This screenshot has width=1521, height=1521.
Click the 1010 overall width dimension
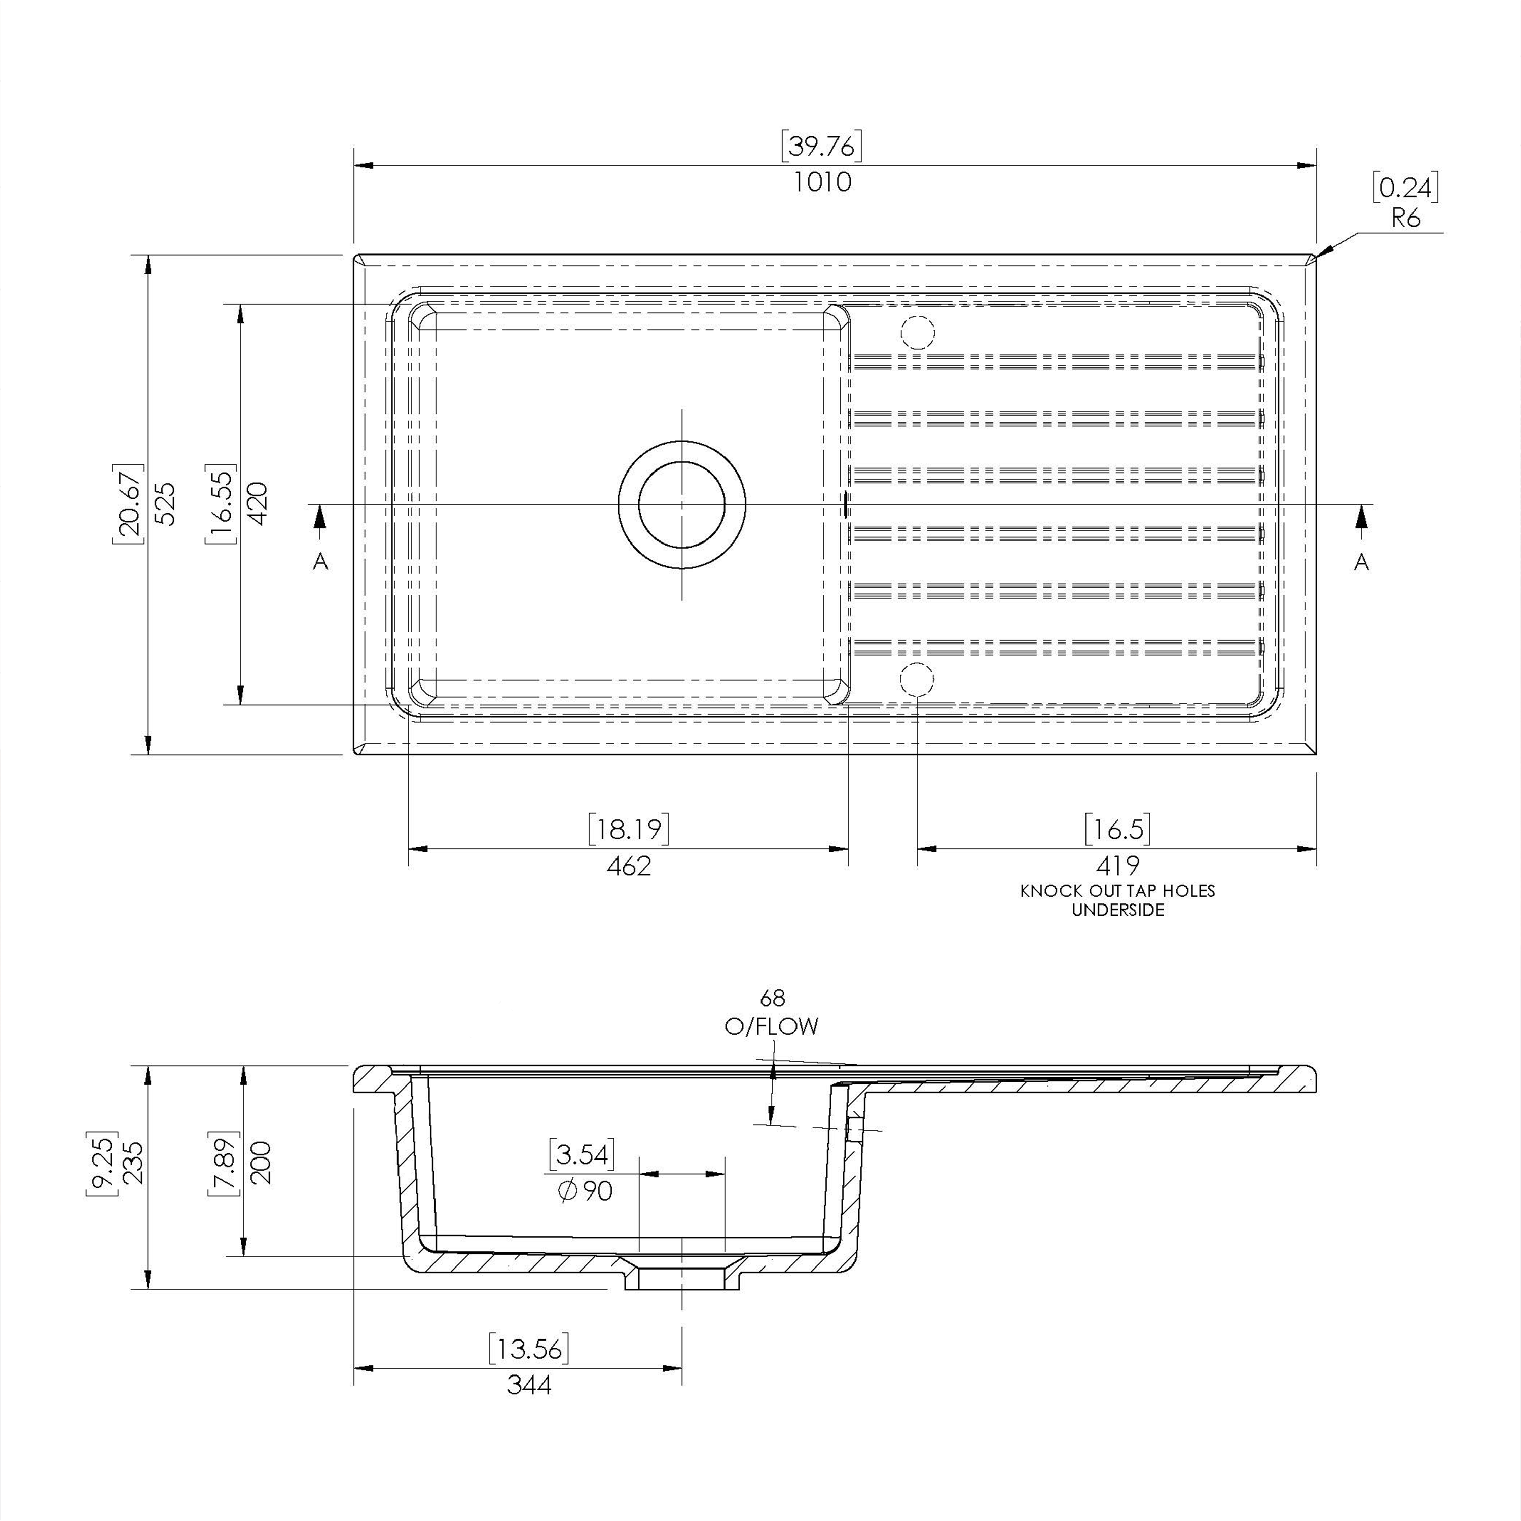822,182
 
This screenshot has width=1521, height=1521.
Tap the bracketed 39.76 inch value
822,146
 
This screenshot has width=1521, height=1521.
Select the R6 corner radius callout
1405,218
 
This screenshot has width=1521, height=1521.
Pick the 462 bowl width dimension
629,866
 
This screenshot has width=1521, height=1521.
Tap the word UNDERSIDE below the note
1118,910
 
